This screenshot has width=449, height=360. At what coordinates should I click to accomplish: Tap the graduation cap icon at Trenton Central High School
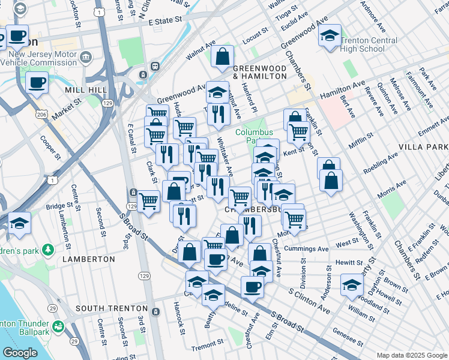[330, 37]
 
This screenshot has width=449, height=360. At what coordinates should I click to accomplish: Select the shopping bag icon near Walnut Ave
[222, 58]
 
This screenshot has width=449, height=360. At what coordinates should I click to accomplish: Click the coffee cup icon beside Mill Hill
[37, 82]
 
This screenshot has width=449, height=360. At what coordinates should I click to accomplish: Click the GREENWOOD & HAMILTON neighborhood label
[259, 72]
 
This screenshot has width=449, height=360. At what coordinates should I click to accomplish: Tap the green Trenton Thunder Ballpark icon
[59, 327]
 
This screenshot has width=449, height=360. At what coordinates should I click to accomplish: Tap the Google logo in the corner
[20, 353]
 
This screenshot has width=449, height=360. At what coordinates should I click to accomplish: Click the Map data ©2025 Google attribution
[412, 355]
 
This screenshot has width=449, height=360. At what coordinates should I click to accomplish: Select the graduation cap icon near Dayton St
[352, 285]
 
